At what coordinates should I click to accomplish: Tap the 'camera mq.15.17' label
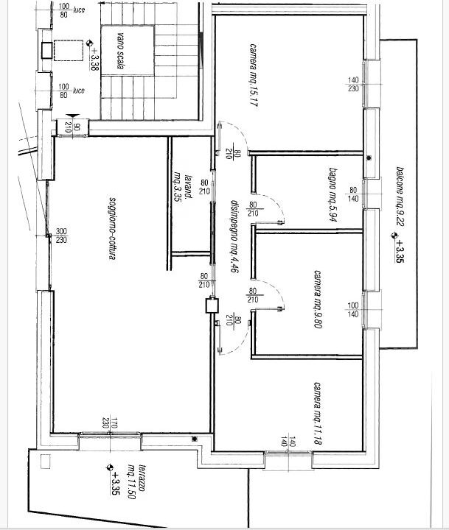(253, 75)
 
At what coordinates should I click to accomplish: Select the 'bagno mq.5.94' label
(333, 194)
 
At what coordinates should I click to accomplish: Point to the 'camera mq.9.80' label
(318, 299)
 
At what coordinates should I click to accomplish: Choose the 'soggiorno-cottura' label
(112, 228)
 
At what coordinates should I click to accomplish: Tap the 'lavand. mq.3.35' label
(183, 187)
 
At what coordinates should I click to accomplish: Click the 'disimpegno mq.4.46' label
(234, 236)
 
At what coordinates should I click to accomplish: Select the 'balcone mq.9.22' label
(400, 197)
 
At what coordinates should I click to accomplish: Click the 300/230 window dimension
(61, 236)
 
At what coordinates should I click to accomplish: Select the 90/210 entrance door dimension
(72, 127)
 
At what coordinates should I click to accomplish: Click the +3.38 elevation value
(94, 59)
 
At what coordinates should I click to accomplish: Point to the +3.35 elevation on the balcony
(400, 251)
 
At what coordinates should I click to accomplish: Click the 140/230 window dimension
(353, 84)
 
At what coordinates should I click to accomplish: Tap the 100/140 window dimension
(353, 310)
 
